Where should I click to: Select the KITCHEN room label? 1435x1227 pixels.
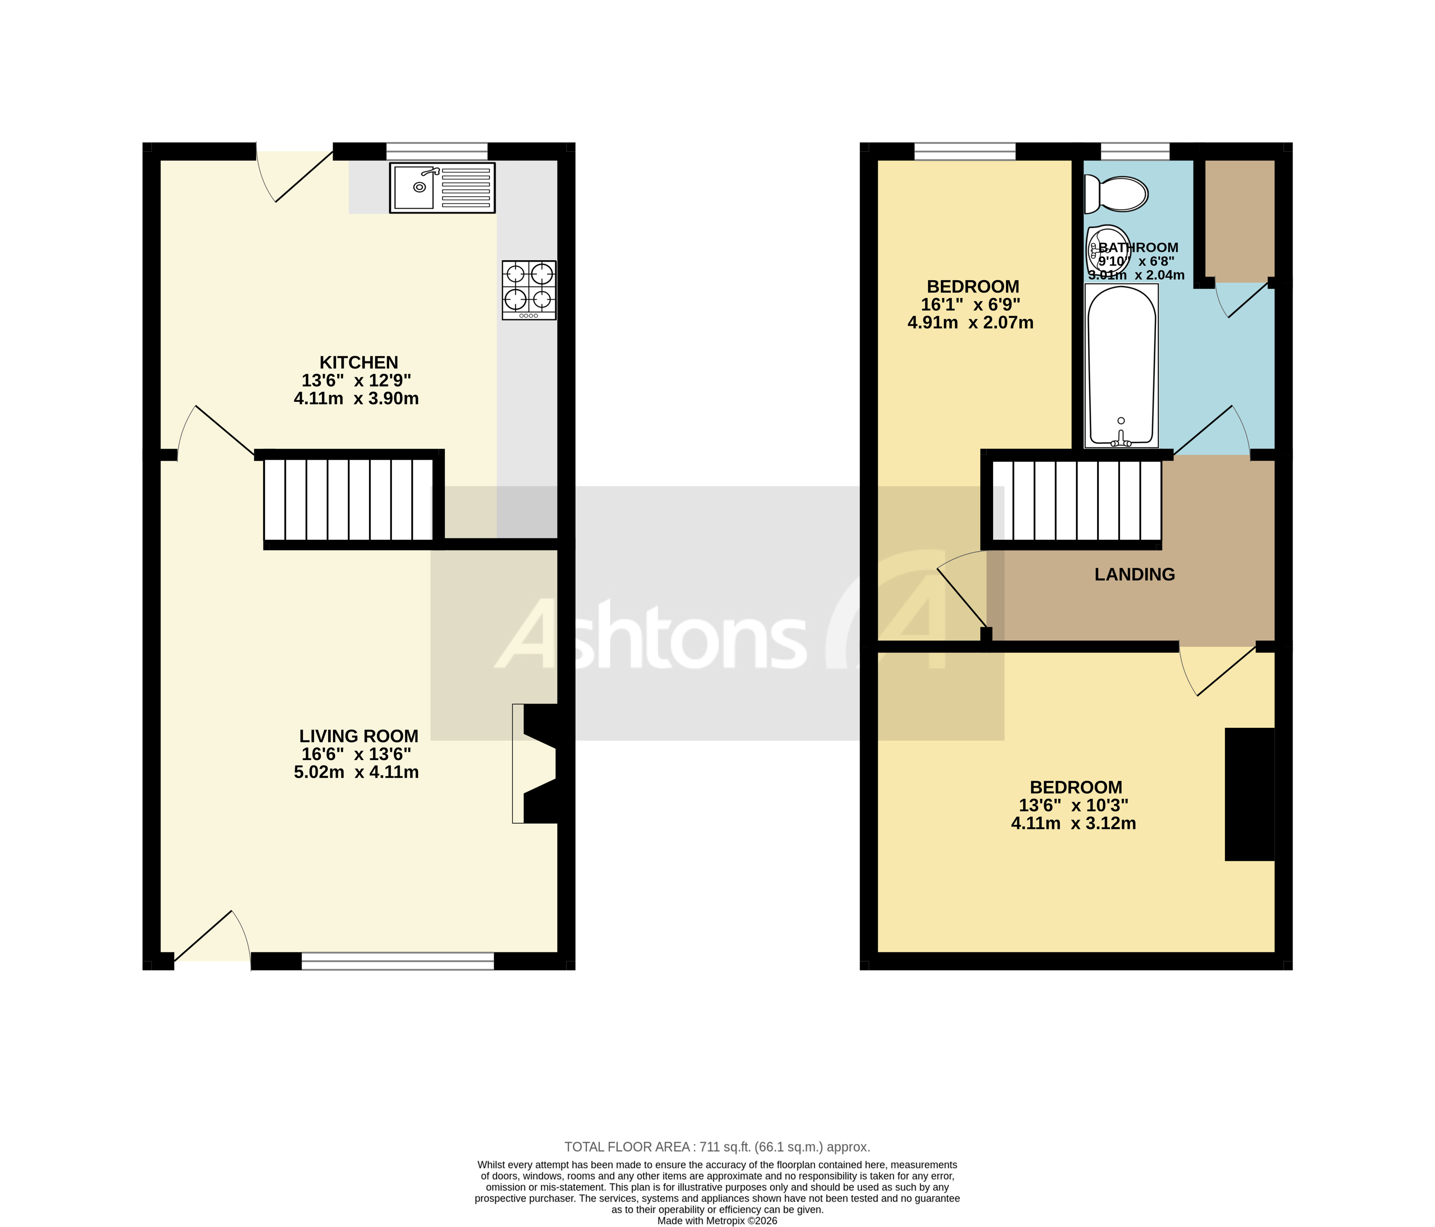359,363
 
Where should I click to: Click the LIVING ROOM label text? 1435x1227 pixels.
359,736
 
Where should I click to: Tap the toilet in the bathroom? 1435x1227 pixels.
1116,193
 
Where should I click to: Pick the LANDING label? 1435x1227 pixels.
1134,574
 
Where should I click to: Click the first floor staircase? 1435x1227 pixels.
1077,500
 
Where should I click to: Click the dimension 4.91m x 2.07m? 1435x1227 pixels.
970,323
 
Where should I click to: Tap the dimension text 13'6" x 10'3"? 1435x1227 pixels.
1073,805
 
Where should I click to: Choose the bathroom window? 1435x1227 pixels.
1135,151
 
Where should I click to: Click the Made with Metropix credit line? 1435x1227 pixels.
717,1221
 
